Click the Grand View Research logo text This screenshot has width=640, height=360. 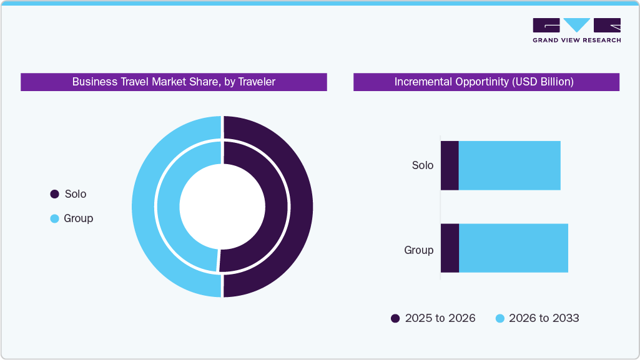click(x=576, y=40)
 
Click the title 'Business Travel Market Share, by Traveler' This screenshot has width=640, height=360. click(x=174, y=82)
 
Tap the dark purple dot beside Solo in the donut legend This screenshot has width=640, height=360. click(x=54, y=194)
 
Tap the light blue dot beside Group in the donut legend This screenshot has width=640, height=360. click(x=54, y=218)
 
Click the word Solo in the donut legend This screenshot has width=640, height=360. click(x=76, y=194)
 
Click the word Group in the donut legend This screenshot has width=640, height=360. click(x=78, y=218)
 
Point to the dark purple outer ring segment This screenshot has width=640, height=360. click(x=300, y=207)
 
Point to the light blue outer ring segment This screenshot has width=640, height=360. click(x=144, y=207)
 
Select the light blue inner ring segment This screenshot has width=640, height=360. click(x=168, y=207)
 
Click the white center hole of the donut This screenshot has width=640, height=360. click(x=222, y=207)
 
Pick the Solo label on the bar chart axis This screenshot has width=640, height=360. click(x=422, y=165)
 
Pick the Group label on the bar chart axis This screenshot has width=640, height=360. click(x=418, y=250)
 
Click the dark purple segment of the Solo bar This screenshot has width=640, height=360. click(x=450, y=165)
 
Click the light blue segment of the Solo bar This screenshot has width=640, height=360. click(x=510, y=165)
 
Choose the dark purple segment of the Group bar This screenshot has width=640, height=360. click(x=450, y=248)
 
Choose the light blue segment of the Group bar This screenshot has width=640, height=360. click(x=513, y=248)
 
